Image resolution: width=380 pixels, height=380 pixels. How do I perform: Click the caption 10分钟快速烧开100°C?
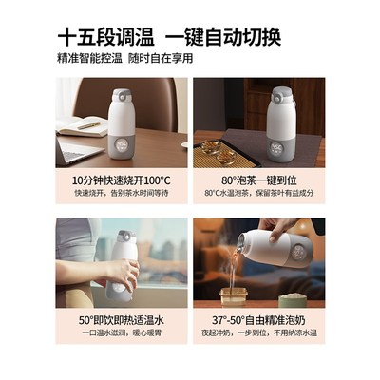coord(122,178)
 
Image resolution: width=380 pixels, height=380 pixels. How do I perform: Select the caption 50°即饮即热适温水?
coord(122,320)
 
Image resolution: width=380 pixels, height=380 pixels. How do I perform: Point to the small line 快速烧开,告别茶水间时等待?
coord(122,193)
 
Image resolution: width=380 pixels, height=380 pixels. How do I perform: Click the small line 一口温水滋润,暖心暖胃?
coord(122,335)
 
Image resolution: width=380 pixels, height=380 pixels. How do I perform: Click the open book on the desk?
coord(85,123)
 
